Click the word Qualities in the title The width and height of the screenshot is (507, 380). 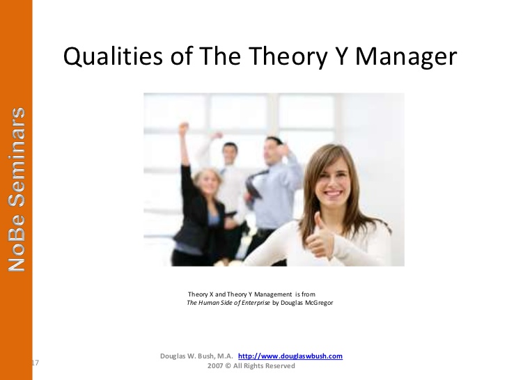click(x=113, y=56)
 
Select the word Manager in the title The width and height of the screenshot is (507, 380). click(x=406, y=58)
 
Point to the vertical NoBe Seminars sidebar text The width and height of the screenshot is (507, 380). click(x=17, y=189)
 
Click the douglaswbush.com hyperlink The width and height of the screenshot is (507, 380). click(x=290, y=356)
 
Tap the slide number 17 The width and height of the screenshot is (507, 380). click(x=36, y=363)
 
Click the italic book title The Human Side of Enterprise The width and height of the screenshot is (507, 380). click(x=228, y=303)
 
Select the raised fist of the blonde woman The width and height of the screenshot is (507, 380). click(x=184, y=128)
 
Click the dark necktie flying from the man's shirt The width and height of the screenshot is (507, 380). click(x=254, y=184)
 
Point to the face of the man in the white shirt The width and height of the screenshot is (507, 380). click(x=231, y=154)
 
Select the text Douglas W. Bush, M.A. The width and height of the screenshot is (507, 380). click(x=196, y=356)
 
